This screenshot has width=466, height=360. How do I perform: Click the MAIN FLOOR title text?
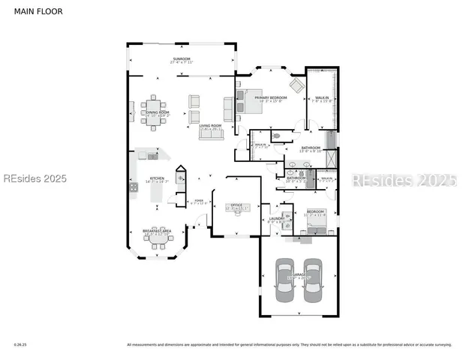35,12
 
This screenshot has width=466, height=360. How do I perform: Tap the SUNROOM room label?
182,58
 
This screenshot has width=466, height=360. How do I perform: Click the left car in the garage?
285,279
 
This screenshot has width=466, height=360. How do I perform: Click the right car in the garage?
313,279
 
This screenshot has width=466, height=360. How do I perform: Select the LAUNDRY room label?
275,218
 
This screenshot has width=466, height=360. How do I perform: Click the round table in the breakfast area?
158,238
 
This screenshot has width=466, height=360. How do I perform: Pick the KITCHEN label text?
157,178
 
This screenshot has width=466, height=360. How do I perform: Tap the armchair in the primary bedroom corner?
297,85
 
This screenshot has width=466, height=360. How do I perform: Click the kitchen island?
157,192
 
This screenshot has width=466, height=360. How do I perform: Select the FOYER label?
199,201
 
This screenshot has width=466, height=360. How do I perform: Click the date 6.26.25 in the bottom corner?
20,345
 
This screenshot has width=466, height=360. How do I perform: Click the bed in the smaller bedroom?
317,220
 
